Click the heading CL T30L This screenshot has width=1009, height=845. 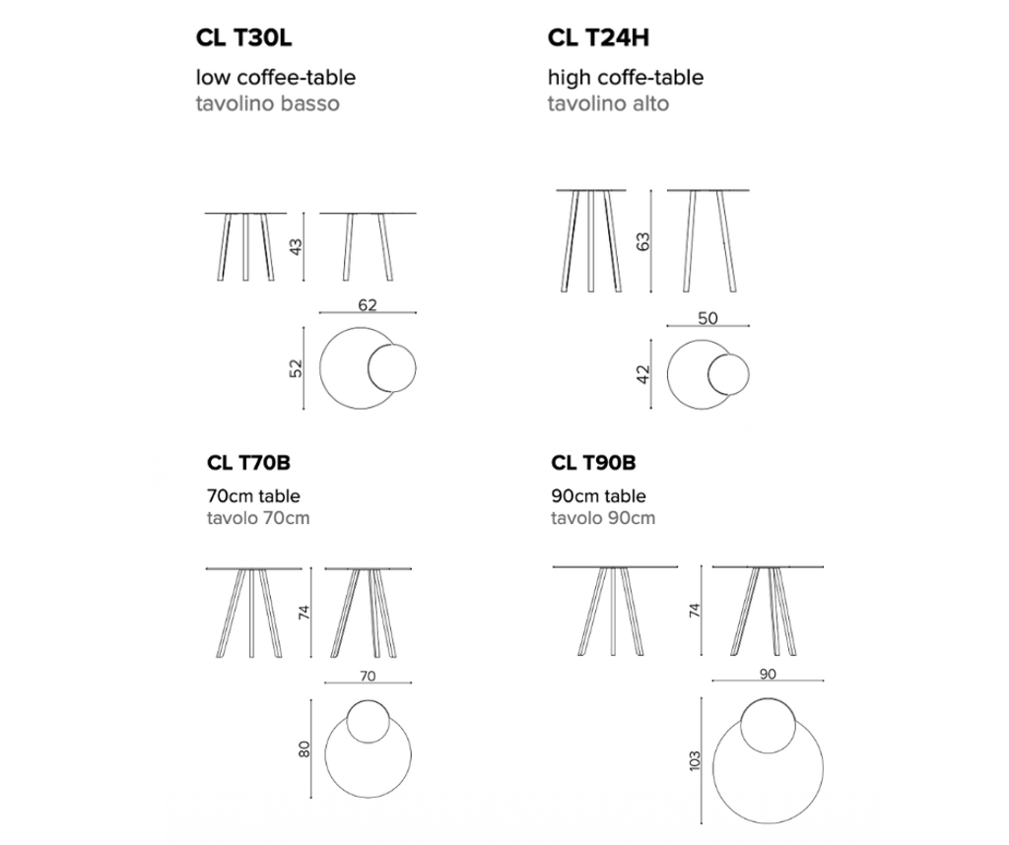(x=244, y=38)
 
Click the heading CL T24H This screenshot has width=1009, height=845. (x=598, y=38)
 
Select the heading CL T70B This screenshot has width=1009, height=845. (x=248, y=462)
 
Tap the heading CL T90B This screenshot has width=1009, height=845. (x=593, y=462)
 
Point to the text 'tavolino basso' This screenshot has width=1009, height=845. (x=268, y=103)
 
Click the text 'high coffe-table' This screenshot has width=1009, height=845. (x=626, y=78)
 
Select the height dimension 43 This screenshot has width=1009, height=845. (x=296, y=247)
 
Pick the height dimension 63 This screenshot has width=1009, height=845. (x=642, y=242)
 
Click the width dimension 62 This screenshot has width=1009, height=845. (x=368, y=305)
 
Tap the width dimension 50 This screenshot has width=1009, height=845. (x=707, y=318)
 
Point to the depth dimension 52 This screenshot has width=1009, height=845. (x=296, y=368)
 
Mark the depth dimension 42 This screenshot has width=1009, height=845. (x=642, y=374)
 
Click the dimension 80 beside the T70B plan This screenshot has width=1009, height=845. (x=304, y=749)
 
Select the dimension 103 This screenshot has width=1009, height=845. (x=694, y=760)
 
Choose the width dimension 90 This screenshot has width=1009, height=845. (x=768, y=674)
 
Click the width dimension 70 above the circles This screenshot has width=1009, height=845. (x=368, y=676)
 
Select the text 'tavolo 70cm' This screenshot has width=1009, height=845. (x=258, y=518)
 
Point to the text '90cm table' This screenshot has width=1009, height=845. (x=598, y=495)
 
